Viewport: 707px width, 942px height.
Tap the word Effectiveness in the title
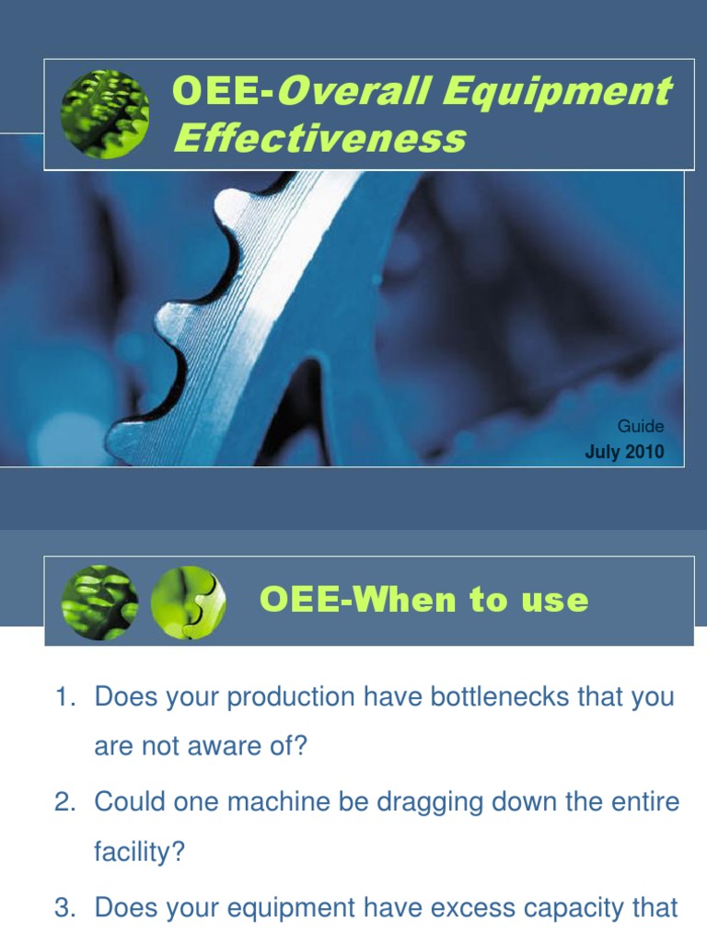pyautogui.click(x=319, y=139)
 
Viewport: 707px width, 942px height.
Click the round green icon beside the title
pyautogui.click(x=105, y=113)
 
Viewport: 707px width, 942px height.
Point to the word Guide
pyautogui.click(x=641, y=427)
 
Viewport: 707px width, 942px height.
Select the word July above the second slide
pyautogui.click(x=603, y=453)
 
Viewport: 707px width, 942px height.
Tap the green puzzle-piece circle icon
pyautogui.click(x=187, y=603)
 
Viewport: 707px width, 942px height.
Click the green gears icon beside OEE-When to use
pyautogui.click(x=99, y=603)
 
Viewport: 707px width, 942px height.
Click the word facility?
pyautogui.click(x=139, y=853)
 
